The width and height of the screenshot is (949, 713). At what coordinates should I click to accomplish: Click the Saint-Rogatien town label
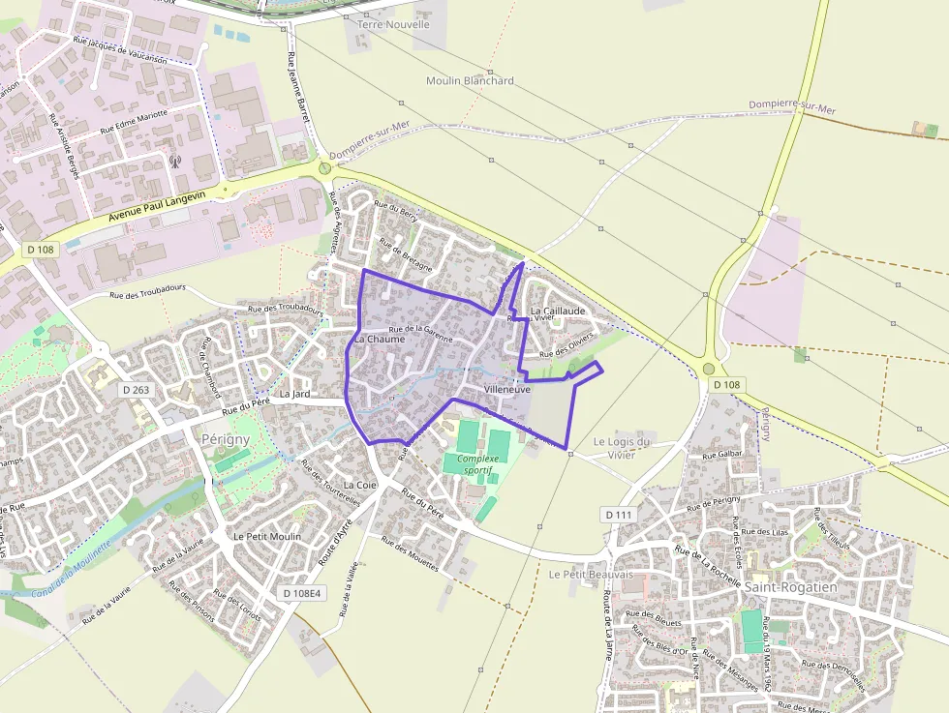791,586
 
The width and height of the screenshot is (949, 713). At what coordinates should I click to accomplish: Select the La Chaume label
379,340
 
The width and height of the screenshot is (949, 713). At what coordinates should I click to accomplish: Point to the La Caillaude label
557,312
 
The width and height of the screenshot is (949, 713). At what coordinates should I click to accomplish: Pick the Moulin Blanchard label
470,81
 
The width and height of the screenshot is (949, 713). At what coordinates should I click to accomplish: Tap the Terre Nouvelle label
393,24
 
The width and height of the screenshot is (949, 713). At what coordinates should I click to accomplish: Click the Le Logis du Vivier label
621,448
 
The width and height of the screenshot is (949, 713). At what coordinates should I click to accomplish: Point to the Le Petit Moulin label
267,536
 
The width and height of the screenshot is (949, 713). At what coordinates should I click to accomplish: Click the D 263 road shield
137,390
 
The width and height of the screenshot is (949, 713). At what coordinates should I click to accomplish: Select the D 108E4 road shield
301,592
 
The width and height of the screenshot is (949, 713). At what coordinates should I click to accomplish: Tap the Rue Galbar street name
722,454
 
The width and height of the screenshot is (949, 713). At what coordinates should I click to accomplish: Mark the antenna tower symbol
175,161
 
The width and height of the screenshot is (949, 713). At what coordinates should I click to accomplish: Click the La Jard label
293,395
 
